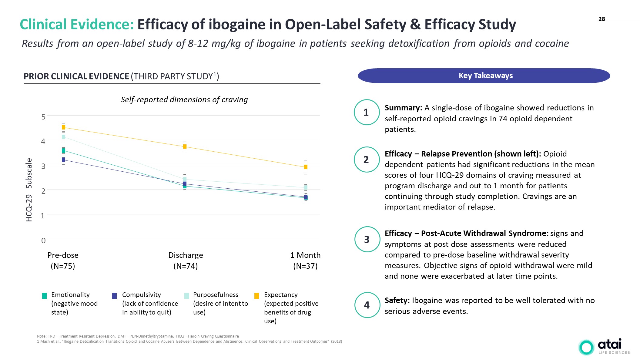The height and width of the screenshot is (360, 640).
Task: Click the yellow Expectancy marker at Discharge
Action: [185, 147]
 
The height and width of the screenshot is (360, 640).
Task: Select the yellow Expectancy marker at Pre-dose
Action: [63, 127]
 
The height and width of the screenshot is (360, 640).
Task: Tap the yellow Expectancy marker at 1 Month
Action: [306, 167]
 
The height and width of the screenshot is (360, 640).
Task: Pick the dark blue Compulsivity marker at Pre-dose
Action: [63, 160]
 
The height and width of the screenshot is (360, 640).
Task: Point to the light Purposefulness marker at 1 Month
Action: [306, 187]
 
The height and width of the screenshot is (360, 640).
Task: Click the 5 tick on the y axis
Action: [43, 117]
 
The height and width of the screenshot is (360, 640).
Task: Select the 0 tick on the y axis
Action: [43, 241]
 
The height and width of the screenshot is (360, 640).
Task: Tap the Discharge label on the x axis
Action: [186, 255]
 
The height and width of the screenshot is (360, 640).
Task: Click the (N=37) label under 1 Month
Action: [305, 266]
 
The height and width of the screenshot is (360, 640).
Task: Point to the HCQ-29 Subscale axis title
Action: [29, 190]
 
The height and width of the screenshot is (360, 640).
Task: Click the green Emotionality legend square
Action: [45, 296]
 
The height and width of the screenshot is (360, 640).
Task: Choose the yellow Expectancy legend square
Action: [256, 296]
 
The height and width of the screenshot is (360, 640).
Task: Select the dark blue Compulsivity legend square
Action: [114, 296]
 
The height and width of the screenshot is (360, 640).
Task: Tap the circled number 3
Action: [367, 239]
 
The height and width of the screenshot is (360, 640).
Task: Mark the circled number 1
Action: [366, 112]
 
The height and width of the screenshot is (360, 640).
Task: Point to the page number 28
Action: [601, 19]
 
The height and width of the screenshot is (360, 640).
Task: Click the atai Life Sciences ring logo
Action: [586, 347]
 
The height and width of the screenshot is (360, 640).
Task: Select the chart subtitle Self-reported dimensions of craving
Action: [184, 99]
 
